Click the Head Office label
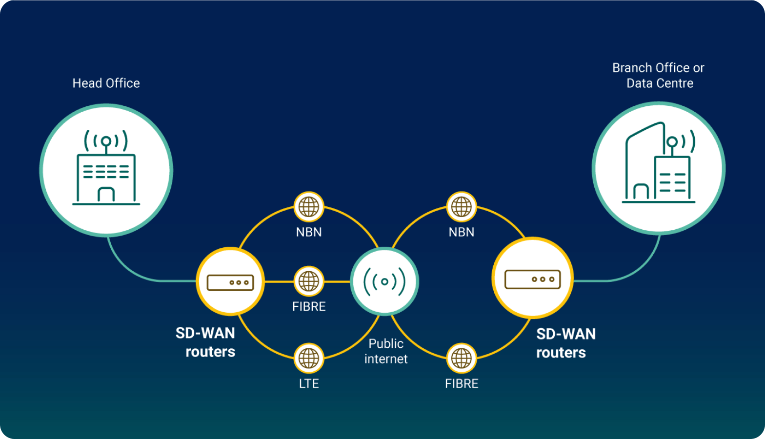click(x=106, y=83)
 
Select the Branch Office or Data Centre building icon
click(x=659, y=162)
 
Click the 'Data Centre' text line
click(x=660, y=83)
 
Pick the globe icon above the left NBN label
click(x=309, y=206)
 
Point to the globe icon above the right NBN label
click(x=462, y=206)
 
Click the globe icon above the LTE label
click(x=309, y=359)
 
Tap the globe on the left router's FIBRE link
click(x=309, y=281)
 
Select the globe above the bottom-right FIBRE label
click(x=462, y=359)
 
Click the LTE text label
click(x=309, y=384)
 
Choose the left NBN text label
click(x=309, y=232)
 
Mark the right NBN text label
click(x=462, y=232)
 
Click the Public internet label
click(x=386, y=351)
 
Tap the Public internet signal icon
click(x=384, y=281)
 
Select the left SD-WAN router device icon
click(x=230, y=282)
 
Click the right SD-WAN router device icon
click(x=532, y=279)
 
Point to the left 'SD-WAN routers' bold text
click(x=205, y=342)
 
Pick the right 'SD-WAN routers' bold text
click(x=566, y=343)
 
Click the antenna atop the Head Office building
click(x=106, y=141)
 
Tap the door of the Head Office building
click(x=106, y=194)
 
